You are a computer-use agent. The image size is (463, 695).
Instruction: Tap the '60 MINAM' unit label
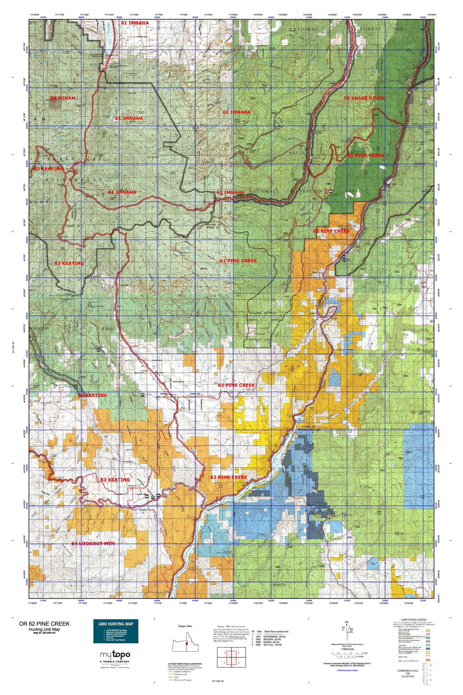coord(63,98)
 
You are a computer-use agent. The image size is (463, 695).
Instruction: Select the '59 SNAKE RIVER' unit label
coord(364,98)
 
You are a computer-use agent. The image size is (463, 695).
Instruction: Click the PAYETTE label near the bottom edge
coord(279,585)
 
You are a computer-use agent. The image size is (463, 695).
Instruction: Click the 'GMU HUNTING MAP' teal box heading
coord(116,624)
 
